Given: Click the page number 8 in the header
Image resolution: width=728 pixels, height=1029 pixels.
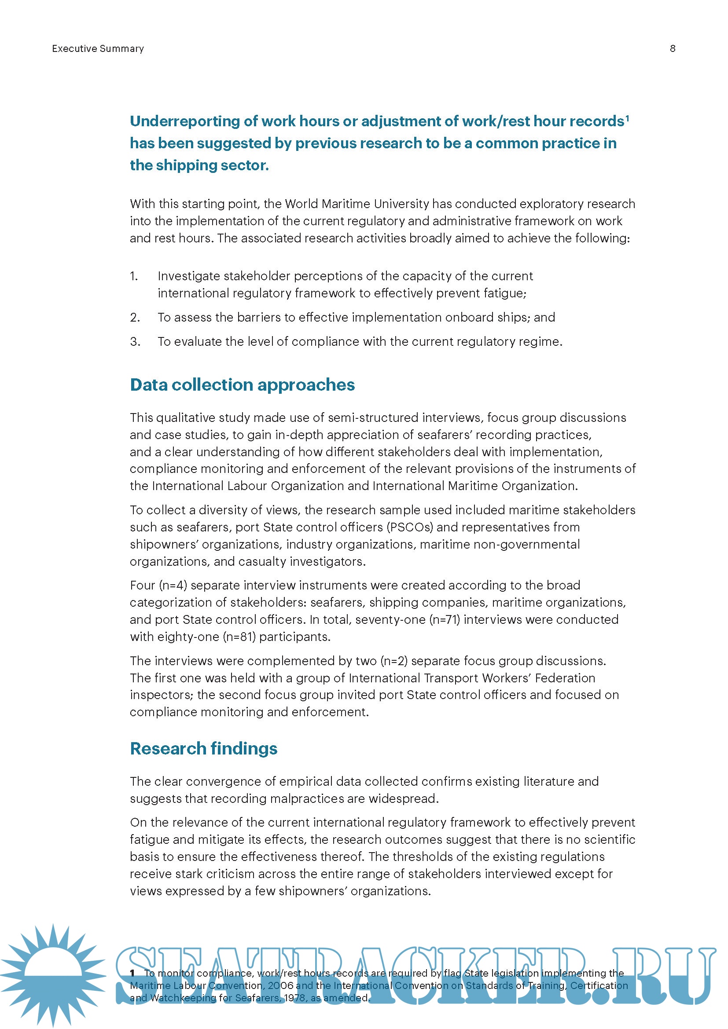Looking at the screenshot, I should point(673,48).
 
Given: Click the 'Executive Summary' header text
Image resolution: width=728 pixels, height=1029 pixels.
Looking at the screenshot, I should point(98,48).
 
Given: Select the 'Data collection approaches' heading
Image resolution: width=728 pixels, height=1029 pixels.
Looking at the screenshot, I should point(242,385).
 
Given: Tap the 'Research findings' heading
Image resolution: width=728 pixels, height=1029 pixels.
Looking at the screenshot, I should point(203,748).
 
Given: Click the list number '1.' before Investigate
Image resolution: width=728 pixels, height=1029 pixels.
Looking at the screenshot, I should point(134,276).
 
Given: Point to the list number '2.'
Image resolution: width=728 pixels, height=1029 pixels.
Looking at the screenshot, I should point(135,317).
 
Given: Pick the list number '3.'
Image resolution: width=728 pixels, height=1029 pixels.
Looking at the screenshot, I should point(135,341).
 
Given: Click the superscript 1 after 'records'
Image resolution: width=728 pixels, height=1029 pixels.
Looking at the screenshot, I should point(627,118).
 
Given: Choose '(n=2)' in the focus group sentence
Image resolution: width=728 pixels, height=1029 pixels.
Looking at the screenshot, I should point(393,661).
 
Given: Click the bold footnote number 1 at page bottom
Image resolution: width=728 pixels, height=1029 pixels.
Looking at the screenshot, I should point(132,973).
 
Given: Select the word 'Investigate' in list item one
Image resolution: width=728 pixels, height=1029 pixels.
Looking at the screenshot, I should point(189,276).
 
